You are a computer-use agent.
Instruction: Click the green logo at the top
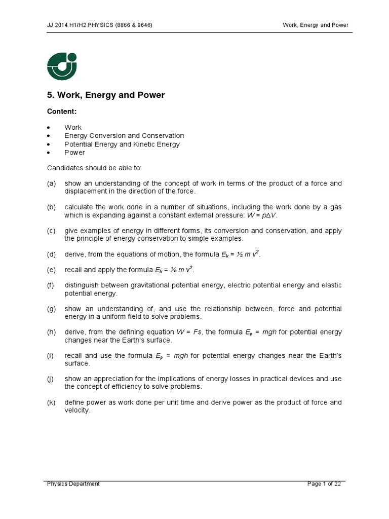(x=62, y=66)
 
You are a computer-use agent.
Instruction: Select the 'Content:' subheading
(x=62, y=111)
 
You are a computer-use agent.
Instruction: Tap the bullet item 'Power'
(x=74, y=153)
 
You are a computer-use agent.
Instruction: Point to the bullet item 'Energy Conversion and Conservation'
(x=124, y=136)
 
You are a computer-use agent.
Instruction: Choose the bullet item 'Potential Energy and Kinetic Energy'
(x=122, y=144)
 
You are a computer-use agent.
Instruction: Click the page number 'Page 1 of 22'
(x=324, y=484)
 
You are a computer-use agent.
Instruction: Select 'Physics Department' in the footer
(x=73, y=484)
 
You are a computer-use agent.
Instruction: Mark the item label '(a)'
(x=51, y=183)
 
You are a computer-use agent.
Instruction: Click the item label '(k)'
(x=51, y=402)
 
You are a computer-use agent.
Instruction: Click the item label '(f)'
(x=51, y=285)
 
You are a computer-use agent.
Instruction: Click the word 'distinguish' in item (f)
(x=81, y=285)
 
